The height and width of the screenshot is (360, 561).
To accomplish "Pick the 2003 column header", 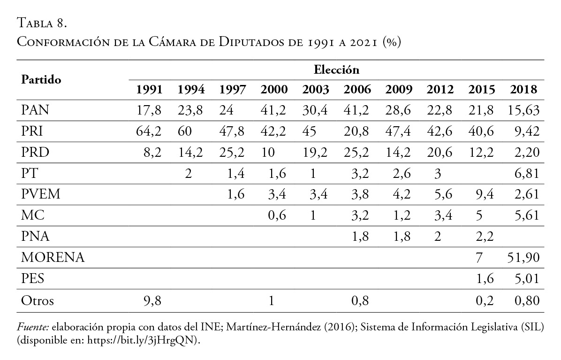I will coord(315,90).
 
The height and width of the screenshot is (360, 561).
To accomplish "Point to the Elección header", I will coord(336,70).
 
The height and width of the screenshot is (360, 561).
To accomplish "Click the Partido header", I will coord(41,80).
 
